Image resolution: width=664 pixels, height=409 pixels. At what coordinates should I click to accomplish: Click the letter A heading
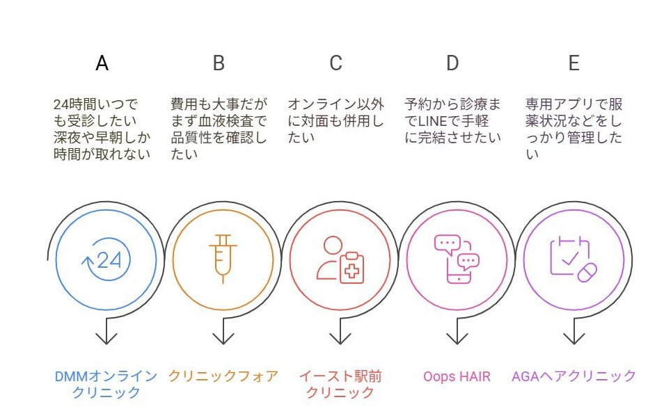tap(102, 63)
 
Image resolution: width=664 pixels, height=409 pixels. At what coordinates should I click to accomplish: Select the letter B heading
tap(219, 63)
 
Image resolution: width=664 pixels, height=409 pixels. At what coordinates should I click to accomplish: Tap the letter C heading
tap(335, 63)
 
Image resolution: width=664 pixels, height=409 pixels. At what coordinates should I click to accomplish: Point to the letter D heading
tap(452, 63)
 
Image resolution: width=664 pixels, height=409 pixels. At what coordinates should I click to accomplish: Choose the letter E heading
tap(574, 63)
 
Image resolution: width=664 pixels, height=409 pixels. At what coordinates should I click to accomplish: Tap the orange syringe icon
tap(223, 258)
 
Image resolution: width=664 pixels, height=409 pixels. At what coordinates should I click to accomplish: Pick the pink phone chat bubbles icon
tap(457, 259)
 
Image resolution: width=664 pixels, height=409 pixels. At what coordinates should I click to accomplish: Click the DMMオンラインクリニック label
tap(106, 384)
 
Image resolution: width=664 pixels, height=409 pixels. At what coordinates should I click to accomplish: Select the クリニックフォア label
tap(223, 376)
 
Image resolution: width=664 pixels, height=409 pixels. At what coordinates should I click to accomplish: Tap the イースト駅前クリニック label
tap(340, 384)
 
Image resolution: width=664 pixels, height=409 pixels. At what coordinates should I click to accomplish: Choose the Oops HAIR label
tap(457, 376)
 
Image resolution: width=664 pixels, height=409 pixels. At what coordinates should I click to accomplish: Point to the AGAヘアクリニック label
tap(574, 376)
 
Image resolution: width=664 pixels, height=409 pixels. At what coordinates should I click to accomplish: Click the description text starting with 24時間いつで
tap(102, 129)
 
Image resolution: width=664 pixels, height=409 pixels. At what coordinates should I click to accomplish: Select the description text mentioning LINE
tap(452, 121)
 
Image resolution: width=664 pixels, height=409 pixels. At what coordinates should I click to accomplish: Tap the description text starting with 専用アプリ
tap(574, 129)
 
